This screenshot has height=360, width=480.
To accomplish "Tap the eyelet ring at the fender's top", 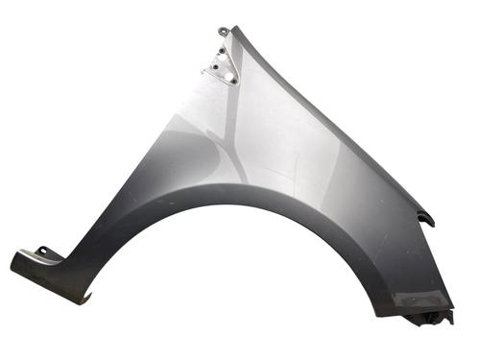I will [x=223, y=32].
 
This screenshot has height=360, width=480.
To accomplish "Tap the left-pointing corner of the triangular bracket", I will [x=203, y=72].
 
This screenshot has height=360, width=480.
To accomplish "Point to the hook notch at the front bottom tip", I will [x=86, y=299].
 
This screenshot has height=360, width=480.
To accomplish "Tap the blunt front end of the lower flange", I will [x=15, y=262].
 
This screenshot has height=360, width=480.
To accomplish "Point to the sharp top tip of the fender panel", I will [x=233, y=27].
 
